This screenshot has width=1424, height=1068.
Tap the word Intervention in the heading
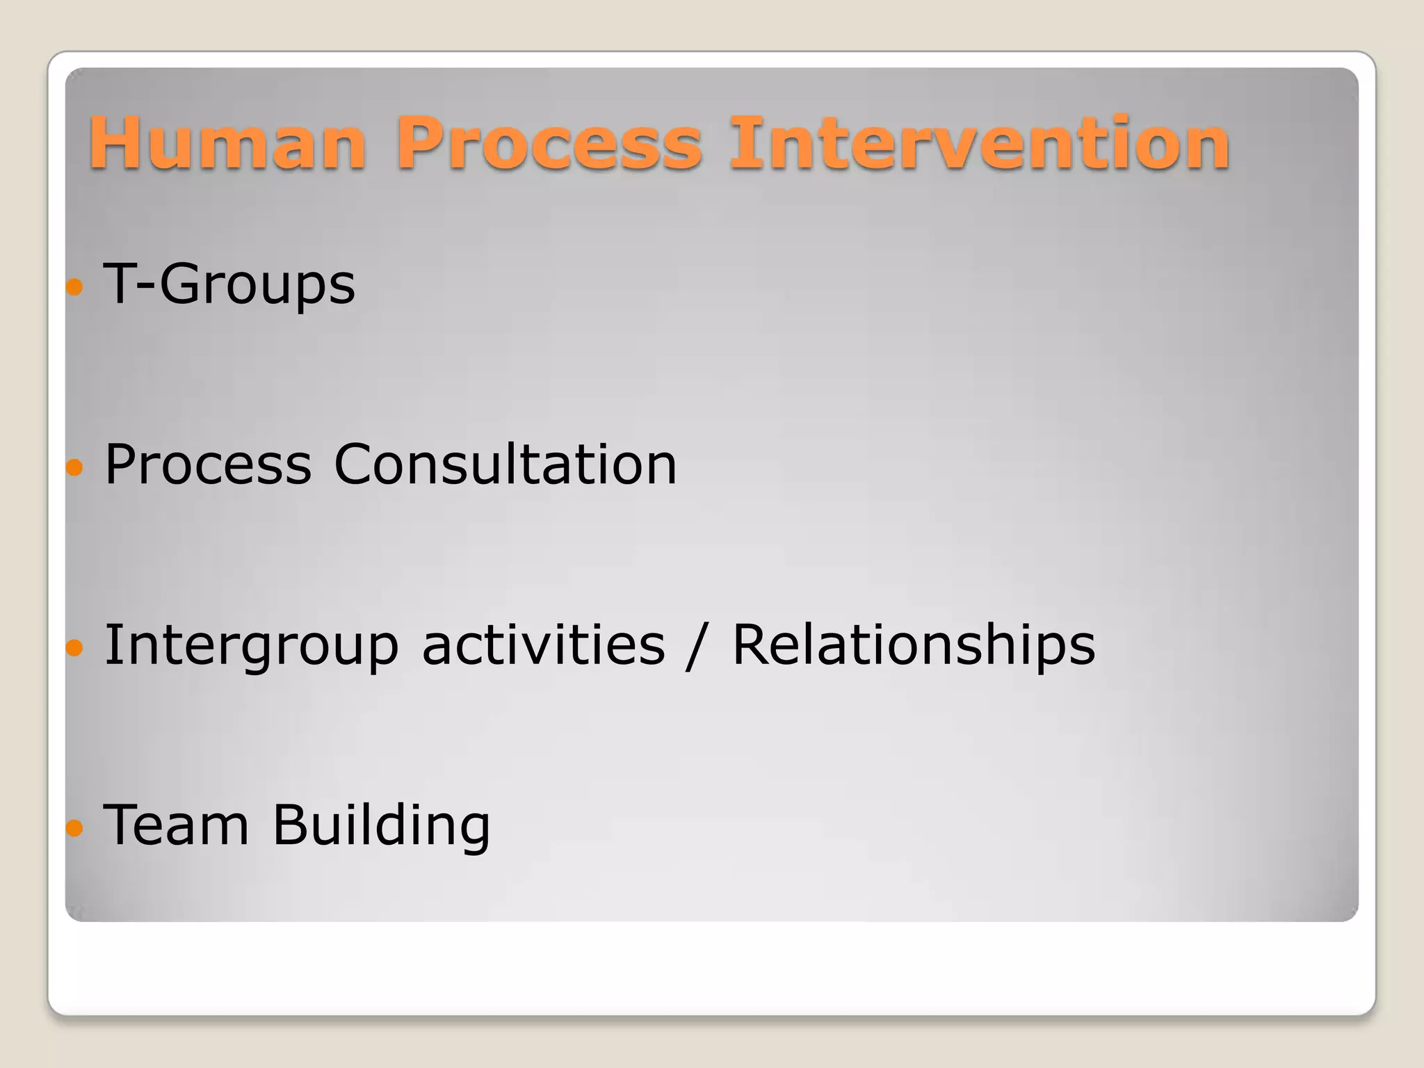point(979,143)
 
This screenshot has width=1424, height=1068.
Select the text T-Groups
point(229,284)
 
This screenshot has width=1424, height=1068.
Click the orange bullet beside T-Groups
point(75,286)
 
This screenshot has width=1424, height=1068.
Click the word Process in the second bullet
point(208,464)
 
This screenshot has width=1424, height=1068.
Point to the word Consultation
point(505,464)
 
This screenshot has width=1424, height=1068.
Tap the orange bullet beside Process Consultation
point(75,467)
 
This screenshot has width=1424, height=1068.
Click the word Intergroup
point(252,645)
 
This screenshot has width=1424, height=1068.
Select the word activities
point(544,645)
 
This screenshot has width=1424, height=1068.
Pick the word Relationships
point(914,645)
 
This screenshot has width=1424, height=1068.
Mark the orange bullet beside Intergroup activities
point(75,648)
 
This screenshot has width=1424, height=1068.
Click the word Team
point(176,825)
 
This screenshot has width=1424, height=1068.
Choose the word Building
point(381,825)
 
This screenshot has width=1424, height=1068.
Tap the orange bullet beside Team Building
point(75,828)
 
